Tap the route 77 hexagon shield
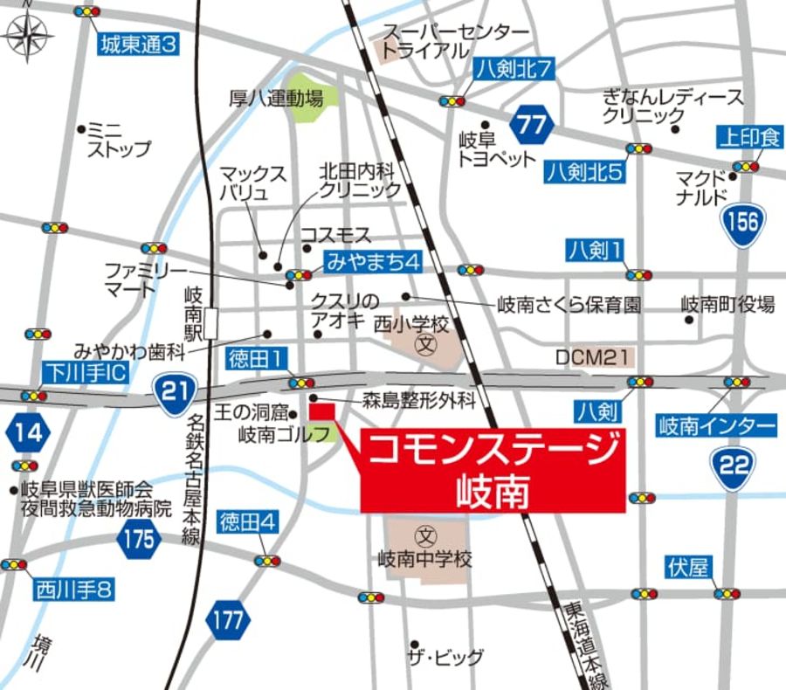531,124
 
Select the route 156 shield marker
742,224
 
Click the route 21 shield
176,390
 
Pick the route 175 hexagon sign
138,538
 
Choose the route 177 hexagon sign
229,621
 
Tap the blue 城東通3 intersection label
138,44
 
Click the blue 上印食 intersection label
749,137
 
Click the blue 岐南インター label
716,426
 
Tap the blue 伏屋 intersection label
687,568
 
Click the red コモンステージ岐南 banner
493,470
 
